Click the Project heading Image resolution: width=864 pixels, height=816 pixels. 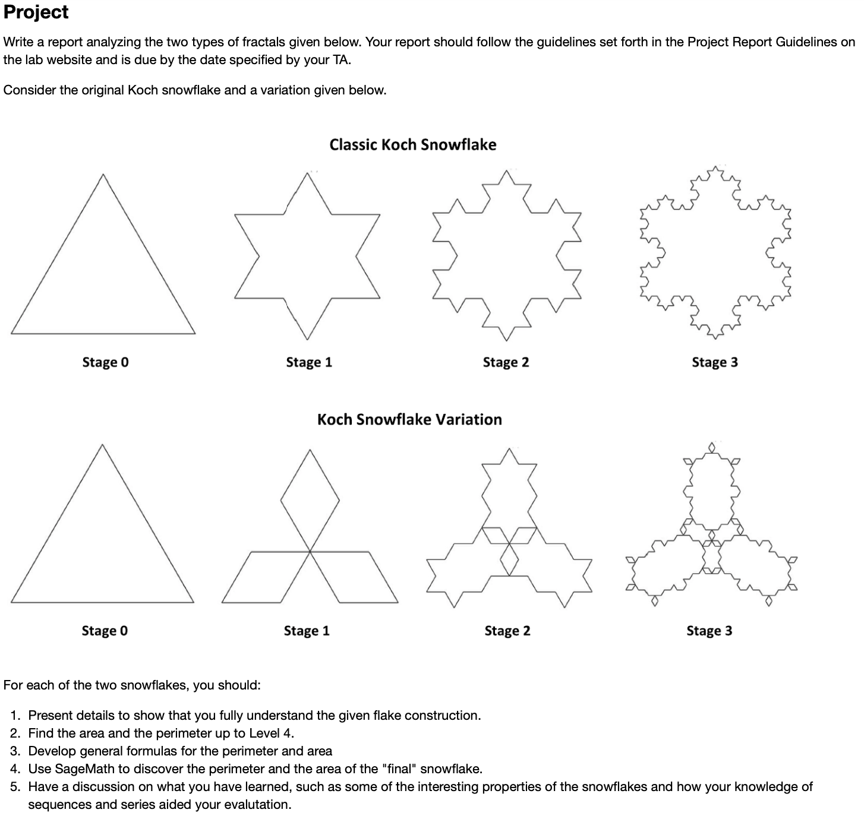point(36,12)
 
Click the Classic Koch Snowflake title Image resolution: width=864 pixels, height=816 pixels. point(412,144)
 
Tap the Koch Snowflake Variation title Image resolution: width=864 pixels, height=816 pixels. point(409,419)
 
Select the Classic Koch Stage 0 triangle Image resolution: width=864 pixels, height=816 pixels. point(103,273)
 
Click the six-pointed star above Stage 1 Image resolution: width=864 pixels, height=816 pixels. point(307,255)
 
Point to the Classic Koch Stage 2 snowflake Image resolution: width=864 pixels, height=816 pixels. point(506,255)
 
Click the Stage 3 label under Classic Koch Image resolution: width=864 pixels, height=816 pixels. point(714,362)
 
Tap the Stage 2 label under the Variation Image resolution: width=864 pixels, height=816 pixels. point(507,631)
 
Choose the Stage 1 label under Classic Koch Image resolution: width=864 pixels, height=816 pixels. point(308,362)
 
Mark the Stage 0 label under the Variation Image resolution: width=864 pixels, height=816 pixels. point(105,631)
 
